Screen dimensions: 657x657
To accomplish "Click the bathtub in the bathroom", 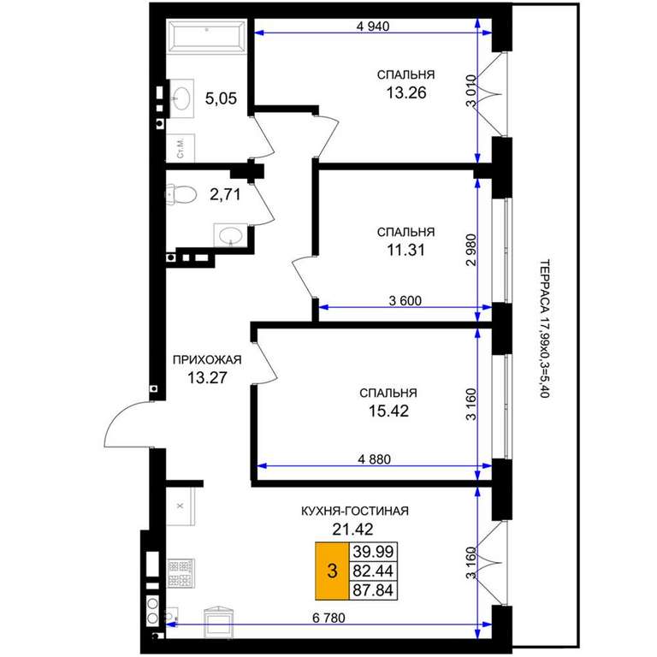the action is point(207,36).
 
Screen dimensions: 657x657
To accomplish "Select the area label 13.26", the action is point(406,92).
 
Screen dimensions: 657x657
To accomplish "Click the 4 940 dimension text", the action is point(373,26).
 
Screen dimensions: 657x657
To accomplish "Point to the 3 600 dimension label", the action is point(405,300).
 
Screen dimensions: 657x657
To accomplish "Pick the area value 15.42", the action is point(388,411).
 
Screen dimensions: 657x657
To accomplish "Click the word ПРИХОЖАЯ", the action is point(207,359).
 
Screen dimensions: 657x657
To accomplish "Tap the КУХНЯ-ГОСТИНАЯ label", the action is point(355,511).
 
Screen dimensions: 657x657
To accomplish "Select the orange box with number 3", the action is point(332,571).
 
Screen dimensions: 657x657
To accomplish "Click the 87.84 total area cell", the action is point(373,590).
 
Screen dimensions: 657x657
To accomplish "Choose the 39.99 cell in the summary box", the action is point(373,552).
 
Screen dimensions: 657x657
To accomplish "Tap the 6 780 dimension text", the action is point(328,618).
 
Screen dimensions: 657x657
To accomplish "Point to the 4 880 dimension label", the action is point(374,459).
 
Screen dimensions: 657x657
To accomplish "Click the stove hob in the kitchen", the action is point(181,573).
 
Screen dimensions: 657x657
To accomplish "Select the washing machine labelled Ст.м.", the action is point(181,148).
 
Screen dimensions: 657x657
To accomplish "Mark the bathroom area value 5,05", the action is point(221,98).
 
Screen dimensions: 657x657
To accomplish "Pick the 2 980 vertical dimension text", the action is point(472,250).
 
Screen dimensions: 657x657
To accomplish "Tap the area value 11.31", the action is point(405,250).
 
